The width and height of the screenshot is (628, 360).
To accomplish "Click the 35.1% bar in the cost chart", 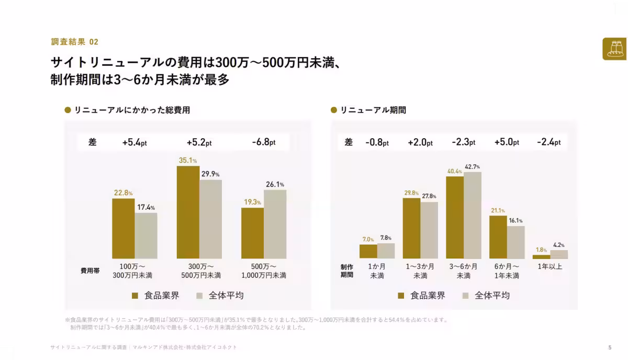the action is (188, 212).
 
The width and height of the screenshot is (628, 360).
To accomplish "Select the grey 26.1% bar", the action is (275, 224).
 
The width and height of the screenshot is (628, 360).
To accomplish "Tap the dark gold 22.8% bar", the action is (124, 229).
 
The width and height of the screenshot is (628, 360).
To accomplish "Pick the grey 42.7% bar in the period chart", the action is (473, 216).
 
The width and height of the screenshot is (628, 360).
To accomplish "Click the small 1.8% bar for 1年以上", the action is (541, 257).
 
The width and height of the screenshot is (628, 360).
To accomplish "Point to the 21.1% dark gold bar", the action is (498, 237).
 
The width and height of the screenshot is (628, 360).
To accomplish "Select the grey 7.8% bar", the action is (386, 251).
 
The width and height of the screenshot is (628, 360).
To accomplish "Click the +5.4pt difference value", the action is (134, 142).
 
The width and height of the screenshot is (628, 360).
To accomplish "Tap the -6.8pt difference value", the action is (264, 142).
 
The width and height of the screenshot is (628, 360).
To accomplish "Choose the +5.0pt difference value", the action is (507, 142).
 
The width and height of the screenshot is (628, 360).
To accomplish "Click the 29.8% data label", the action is (411, 193).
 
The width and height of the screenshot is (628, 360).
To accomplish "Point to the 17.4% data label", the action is (146, 208).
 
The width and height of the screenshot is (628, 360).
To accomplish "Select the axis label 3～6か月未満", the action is (464, 271).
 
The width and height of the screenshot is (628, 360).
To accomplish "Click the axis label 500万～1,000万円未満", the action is (264, 271).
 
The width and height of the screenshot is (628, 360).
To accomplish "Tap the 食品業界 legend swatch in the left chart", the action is (135, 296).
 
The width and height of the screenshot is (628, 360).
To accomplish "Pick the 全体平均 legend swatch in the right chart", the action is (465, 296).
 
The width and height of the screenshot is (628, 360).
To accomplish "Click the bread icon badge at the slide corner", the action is (614, 49).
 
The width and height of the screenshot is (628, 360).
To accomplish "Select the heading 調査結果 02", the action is (74, 42).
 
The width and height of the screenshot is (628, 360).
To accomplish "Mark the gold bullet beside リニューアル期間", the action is (334, 110).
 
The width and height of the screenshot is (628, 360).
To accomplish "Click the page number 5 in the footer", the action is (610, 347).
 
